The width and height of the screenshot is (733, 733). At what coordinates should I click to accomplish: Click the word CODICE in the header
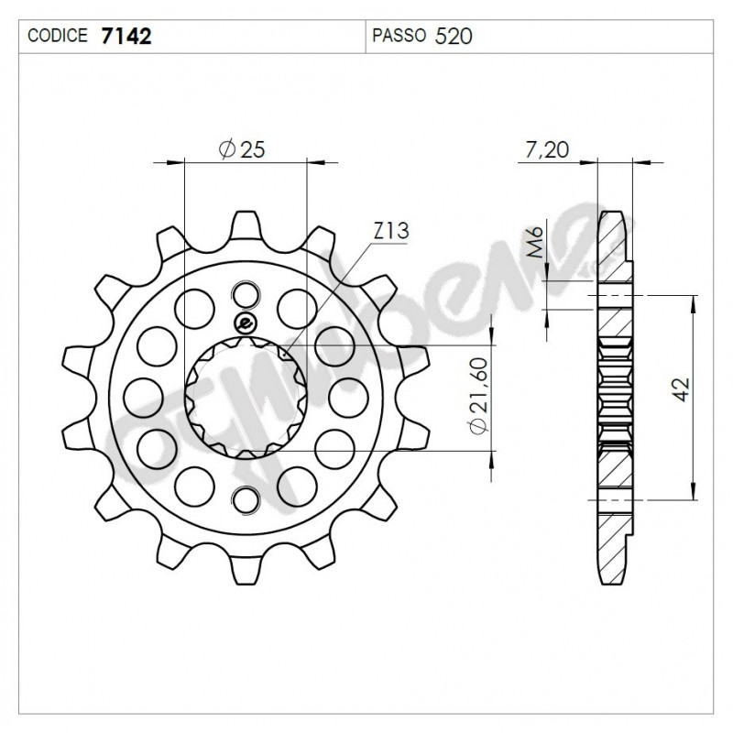59,37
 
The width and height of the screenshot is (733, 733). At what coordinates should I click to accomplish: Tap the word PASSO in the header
399,37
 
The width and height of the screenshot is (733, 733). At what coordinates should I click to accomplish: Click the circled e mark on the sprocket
245,321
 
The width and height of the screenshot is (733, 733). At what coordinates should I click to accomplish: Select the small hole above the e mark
245,294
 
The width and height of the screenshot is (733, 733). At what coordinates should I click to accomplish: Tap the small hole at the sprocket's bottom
245,499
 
